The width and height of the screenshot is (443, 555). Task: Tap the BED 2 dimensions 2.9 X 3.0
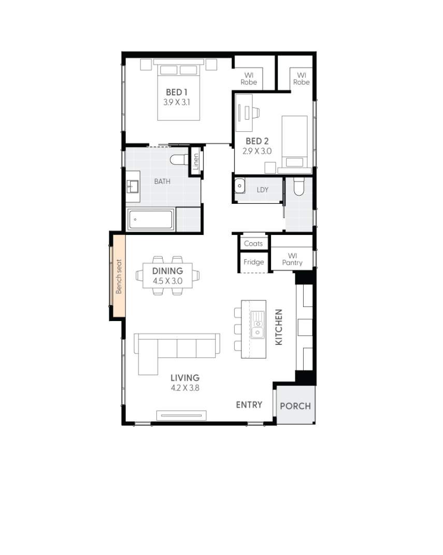click(x=258, y=151)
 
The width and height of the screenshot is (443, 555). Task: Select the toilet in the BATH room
click(x=179, y=159)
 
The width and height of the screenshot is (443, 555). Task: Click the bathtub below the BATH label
click(x=150, y=220)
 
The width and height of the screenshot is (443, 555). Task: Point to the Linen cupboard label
click(x=195, y=162)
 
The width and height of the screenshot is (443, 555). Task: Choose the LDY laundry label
click(x=263, y=190)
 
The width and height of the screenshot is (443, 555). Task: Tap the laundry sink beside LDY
click(x=239, y=185)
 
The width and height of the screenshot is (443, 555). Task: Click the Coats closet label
click(x=253, y=243)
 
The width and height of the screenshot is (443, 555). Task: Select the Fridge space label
click(x=253, y=262)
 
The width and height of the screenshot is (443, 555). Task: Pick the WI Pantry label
click(x=292, y=259)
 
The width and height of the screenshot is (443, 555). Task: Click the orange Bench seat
click(x=118, y=276)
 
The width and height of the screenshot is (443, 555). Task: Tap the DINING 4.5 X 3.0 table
click(x=167, y=276)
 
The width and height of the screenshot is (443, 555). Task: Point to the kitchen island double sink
click(x=258, y=327)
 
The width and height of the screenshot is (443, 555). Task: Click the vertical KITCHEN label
click(x=279, y=327)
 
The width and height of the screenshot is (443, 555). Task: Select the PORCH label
click(x=295, y=406)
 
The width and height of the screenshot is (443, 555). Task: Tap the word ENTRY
click(x=249, y=405)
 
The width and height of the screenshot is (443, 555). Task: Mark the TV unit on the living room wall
click(x=181, y=414)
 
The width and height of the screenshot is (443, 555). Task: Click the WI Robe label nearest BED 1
click(x=249, y=78)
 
